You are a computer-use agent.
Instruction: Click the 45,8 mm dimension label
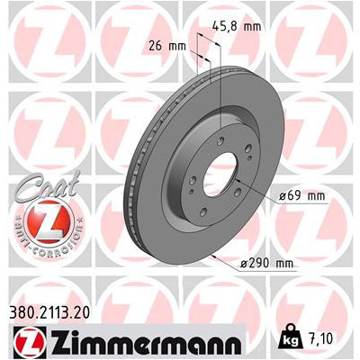(236, 26)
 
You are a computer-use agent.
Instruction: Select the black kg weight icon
(290, 338)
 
